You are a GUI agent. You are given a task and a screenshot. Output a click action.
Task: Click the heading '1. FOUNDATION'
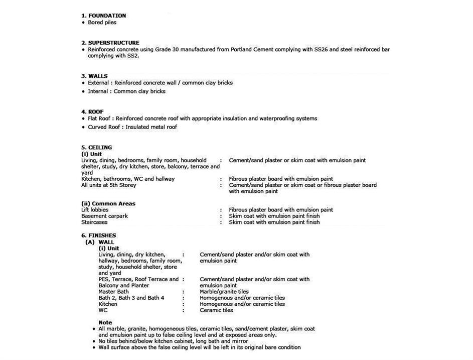[103, 16]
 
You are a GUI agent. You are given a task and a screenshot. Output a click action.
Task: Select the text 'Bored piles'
[102, 22]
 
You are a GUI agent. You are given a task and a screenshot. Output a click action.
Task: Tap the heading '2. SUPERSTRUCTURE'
[110, 43]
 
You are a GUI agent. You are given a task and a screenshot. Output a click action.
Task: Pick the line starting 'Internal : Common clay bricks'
[126, 91]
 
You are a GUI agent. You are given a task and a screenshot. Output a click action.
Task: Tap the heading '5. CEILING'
[96, 148]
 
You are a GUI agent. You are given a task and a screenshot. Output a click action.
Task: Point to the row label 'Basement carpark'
[104, 216]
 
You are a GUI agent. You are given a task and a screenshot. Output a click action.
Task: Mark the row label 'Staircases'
[94, 222]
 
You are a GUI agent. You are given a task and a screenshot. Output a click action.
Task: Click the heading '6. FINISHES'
[98, 235]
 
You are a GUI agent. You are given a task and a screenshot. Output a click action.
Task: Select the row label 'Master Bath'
[113, 291]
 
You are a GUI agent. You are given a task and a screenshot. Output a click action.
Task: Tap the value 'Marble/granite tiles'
[224, 291]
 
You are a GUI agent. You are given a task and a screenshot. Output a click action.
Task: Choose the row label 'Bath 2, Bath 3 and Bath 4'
[131, 298]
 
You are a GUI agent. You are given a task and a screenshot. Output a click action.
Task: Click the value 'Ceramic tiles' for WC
[216, 310]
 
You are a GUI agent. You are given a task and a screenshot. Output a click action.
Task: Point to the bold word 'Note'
[105, 322]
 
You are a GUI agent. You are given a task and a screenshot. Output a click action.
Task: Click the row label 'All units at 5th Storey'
[108, 185]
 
